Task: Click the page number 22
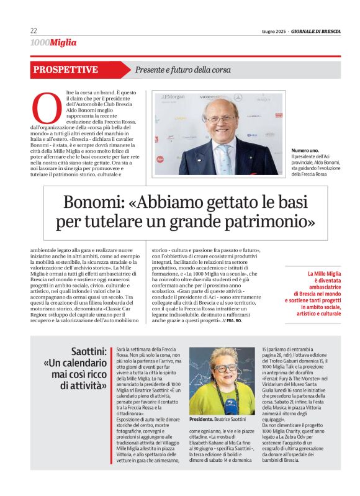[x=34, y=31]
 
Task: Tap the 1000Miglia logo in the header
[x=53, y=43]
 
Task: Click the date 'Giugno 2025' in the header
[x=275, y=32]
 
